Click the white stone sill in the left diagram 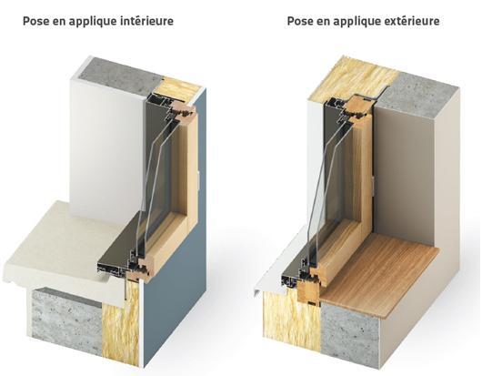coord(64,255)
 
